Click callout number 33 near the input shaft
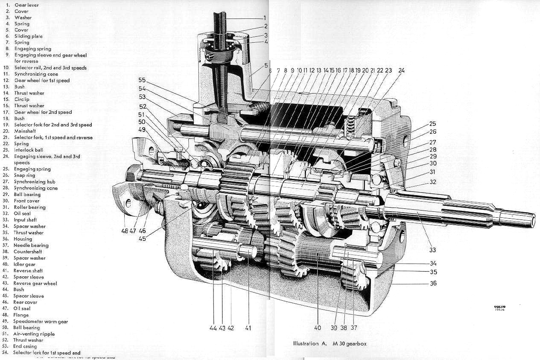click(433, 250)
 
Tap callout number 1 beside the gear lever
click(265, 18)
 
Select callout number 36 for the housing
click(433, 283)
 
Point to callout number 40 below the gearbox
click(317, 328)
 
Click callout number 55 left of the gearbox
click(142, 80)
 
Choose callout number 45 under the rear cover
click(142, 238)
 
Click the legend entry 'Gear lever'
click(26, 5)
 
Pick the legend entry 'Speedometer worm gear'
click(41, 321)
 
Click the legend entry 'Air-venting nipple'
click(34, 334)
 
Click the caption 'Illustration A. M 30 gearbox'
click(330, 343)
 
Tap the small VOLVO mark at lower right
click(499, 307)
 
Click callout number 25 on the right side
click(433, 124)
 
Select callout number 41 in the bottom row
click(248, 328)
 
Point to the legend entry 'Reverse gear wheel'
click(35, 283)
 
